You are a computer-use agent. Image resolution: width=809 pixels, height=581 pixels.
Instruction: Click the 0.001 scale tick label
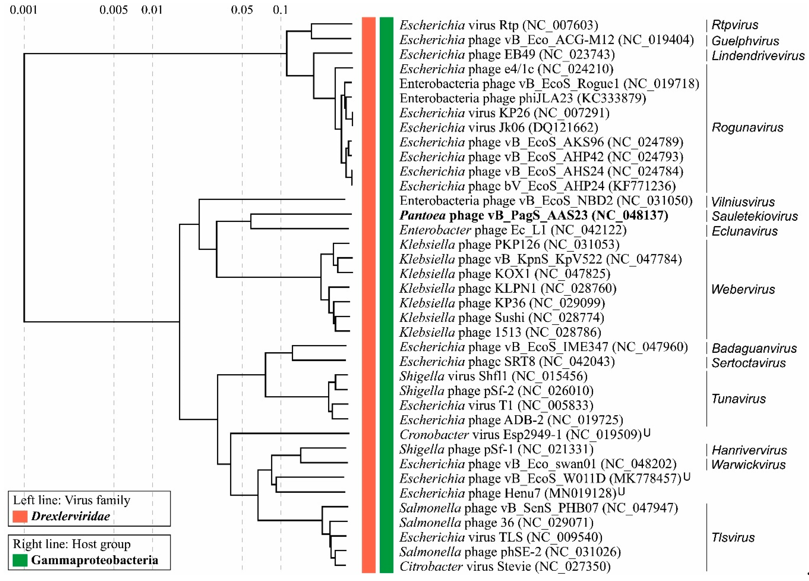pyautogui.click(x=24, y=10)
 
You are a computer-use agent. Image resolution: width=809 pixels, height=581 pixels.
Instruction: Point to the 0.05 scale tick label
pyautogui.click(x=242, y=10)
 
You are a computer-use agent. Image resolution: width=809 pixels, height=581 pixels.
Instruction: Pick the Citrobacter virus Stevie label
pyautogui.click(x=505, y=566)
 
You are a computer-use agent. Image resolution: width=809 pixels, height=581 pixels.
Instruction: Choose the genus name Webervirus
pyautogui.click(x=743, y=289)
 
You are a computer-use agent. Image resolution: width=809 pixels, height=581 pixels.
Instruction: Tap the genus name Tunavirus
pyautogui.click(x=738, y=399)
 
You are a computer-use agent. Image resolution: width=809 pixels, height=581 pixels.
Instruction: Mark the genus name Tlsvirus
pyautogui.click(x=733, y=537)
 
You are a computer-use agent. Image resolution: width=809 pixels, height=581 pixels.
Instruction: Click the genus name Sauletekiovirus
pyautogui.click(x=754, y=216)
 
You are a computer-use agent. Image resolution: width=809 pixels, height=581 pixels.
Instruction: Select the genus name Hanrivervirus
pyautogui.click(x=749, y=450)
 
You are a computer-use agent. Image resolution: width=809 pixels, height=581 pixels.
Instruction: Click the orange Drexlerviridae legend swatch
pyautogui.click(x=20, y=516)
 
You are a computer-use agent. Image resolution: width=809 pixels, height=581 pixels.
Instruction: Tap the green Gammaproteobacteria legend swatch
pyautogui.click(x=20, y=560)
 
